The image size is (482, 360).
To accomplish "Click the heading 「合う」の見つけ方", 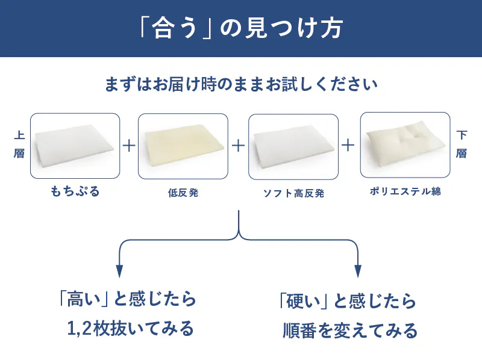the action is click(x=241, y=28).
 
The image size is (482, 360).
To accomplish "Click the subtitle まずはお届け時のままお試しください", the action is click(x=241, y=84).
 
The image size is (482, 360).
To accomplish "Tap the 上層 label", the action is click(x=19, y=144).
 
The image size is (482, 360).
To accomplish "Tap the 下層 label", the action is click(x=462, y=144).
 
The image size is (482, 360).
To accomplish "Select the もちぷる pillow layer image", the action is click(x=75, y=146).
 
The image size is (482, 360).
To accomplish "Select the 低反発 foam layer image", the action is click(x=183, y=146).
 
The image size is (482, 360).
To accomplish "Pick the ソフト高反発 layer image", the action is click(x=293, y=147).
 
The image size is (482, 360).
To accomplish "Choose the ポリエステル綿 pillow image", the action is click(x=405, y=145).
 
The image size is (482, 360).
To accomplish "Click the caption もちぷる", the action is click(x=75, y=191).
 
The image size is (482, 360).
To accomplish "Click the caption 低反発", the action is click(x=183, y=193).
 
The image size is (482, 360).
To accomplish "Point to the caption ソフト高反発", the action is click(x=293, y=193).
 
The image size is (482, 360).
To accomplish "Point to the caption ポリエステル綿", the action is click(x=405, y=191).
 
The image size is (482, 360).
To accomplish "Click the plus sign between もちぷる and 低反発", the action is click(x=129, y=145).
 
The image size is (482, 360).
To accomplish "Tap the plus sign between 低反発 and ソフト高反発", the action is click(x=238, y=145).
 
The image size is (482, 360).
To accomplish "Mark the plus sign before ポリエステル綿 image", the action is click(x=348, y=145).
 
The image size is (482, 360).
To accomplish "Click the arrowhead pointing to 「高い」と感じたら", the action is click(x=119, y=271).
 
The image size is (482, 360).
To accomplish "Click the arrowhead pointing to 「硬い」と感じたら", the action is click(x=358, y=271).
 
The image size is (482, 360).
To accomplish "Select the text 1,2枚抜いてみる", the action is click(x=130, y=329).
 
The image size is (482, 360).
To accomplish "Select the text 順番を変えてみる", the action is click(x=350, y=331).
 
